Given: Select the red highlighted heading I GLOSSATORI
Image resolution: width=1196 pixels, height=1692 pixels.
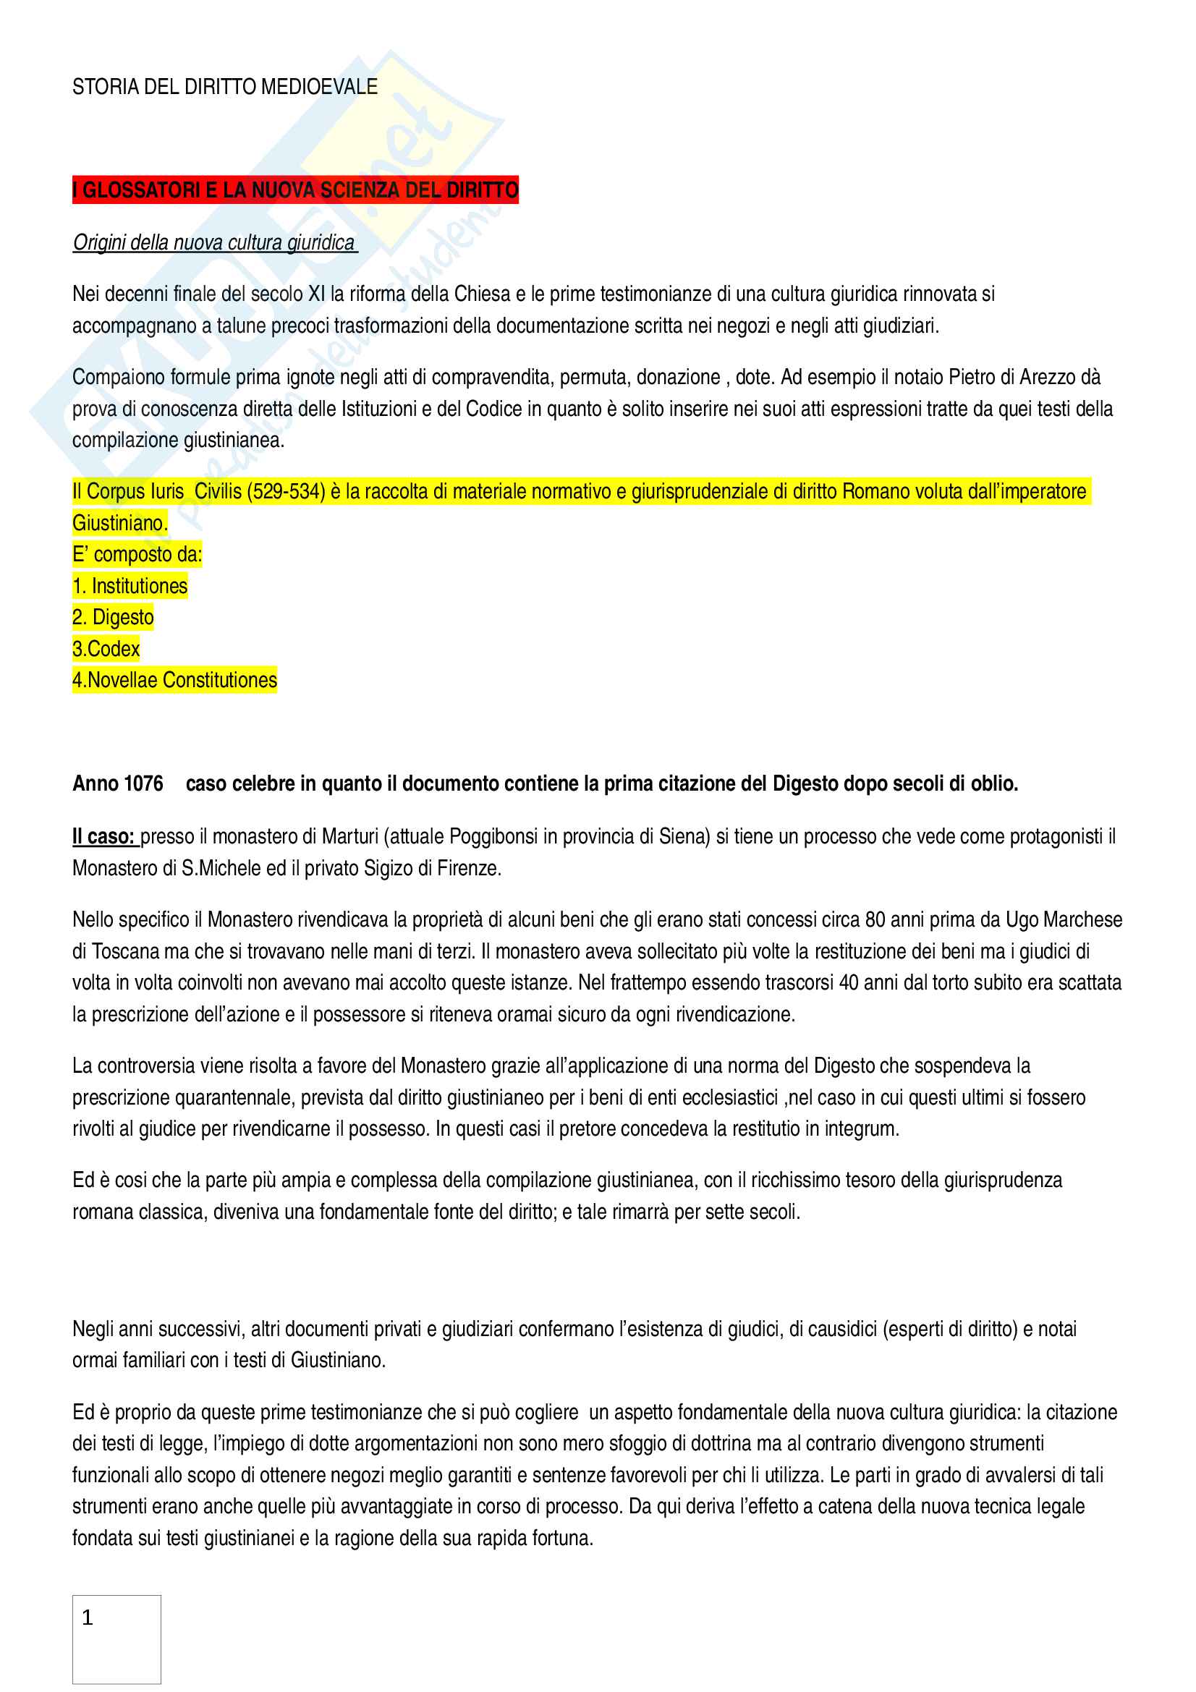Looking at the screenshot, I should point(294,190).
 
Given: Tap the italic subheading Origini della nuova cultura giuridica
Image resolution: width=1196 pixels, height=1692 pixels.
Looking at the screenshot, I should point(213,242).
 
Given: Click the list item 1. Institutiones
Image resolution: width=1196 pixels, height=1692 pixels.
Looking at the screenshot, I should point(130,586).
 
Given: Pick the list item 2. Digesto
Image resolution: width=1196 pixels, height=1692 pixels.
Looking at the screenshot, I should point(113,618).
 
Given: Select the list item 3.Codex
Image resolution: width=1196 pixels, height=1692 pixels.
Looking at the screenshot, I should point(106,649).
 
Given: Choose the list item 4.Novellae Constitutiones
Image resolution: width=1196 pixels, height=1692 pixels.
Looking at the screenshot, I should point(174,680).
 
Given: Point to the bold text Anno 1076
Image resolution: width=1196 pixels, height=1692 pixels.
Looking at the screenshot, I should point(118,783).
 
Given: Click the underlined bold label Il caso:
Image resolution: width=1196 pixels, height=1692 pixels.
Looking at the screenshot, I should point(103,836).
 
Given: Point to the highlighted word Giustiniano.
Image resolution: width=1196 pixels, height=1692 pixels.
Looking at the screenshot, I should point(120,523).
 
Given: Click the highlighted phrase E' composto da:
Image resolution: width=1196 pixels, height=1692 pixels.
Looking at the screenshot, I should point(137,554).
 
